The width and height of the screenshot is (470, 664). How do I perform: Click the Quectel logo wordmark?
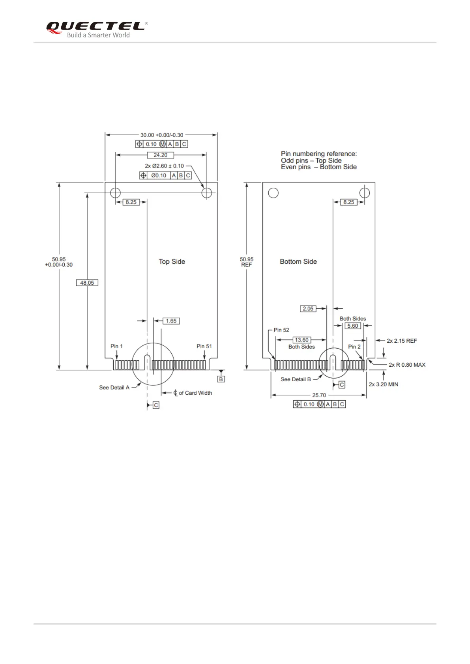[95, 26]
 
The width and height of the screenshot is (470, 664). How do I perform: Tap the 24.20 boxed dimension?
[160, 155]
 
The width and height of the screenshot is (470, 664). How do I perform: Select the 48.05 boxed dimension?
[87, 283]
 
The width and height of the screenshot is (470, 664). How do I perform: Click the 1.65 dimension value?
[171, 321]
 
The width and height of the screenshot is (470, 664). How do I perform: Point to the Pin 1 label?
[116, 346]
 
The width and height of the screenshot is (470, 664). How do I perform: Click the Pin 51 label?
[204, 346]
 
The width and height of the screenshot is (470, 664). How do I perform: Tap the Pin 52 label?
[281, 330]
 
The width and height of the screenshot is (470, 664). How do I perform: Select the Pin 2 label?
[354, 347]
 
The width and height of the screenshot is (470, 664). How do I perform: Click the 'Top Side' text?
[172, 261]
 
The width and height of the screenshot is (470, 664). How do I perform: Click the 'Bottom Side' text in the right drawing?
[298, 261]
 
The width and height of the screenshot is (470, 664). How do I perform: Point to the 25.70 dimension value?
[319, 395]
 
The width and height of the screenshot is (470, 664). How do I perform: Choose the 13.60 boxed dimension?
[301, 340]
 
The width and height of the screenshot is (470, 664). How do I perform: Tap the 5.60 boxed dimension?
[353, 326]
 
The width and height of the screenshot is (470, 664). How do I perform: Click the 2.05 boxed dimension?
[308, 309]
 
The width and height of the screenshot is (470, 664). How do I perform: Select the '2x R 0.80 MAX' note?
[407, 365]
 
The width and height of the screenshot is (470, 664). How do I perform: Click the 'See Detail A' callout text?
[114, 388]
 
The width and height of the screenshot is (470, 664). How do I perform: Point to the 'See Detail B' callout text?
[296, 379]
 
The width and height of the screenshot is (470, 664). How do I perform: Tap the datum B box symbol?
[221, 379]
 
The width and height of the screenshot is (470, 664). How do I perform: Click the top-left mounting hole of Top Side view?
[115, 193]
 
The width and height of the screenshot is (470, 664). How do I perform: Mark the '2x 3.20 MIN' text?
[383, 384]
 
